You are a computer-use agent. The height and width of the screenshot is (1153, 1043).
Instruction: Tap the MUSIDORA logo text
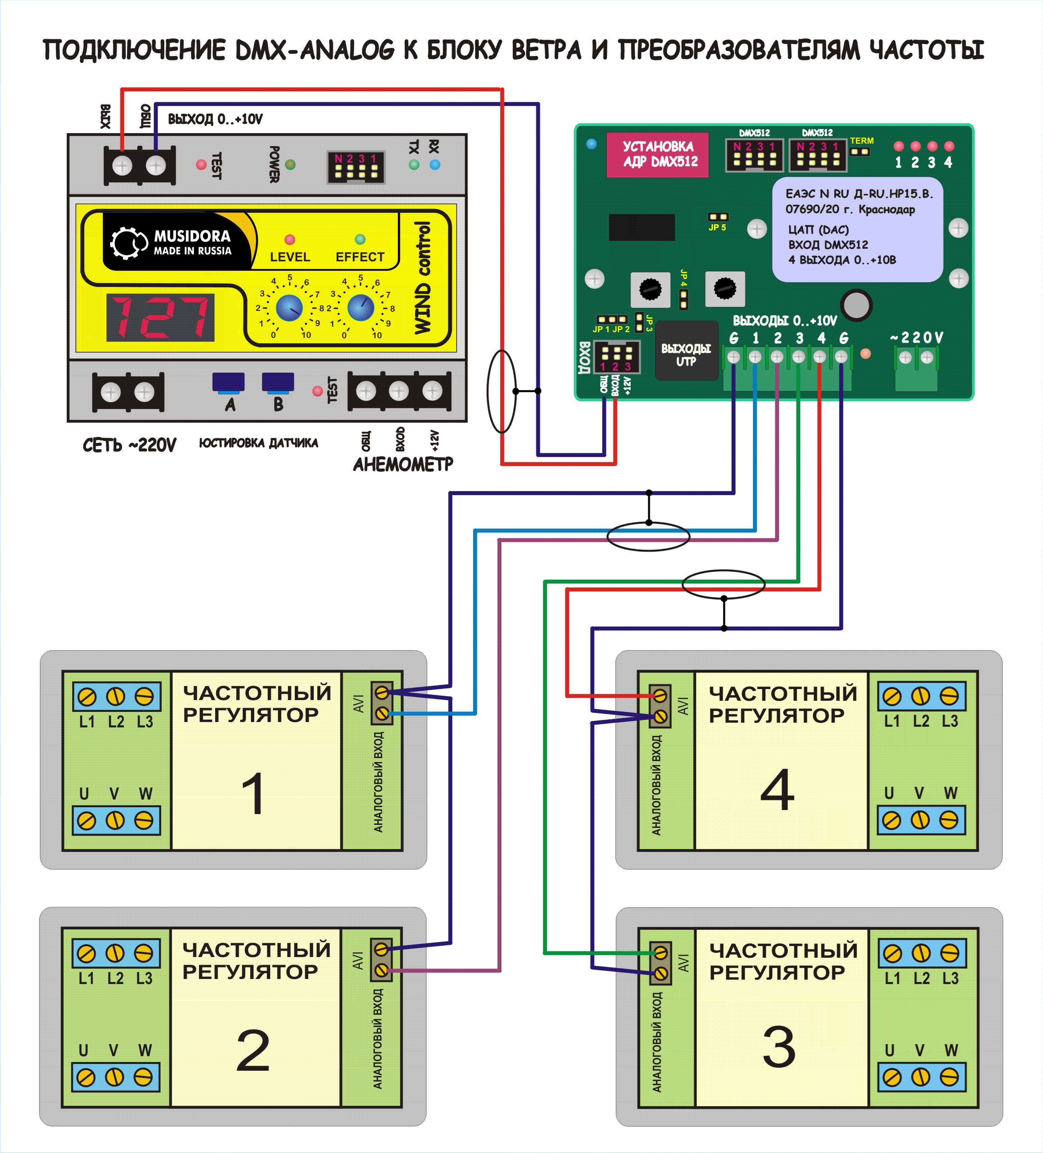point(192,236)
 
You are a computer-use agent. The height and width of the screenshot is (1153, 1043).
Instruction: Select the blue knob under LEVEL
point(289,308)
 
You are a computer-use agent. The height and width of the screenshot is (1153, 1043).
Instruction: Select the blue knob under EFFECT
point(360,308)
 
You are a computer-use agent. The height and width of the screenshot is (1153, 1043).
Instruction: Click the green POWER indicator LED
point(290,165)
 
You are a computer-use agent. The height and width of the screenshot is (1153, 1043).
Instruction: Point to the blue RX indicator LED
point(435,165)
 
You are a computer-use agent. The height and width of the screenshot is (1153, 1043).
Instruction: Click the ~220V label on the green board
point(917,338)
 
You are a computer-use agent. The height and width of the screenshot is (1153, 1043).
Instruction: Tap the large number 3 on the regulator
point(779,1047)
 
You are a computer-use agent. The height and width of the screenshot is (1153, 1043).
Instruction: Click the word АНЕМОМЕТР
point(403,464)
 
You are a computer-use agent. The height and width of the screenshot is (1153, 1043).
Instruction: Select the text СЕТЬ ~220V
point(130,445)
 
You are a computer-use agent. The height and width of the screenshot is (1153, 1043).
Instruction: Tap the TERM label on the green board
point(861,141)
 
